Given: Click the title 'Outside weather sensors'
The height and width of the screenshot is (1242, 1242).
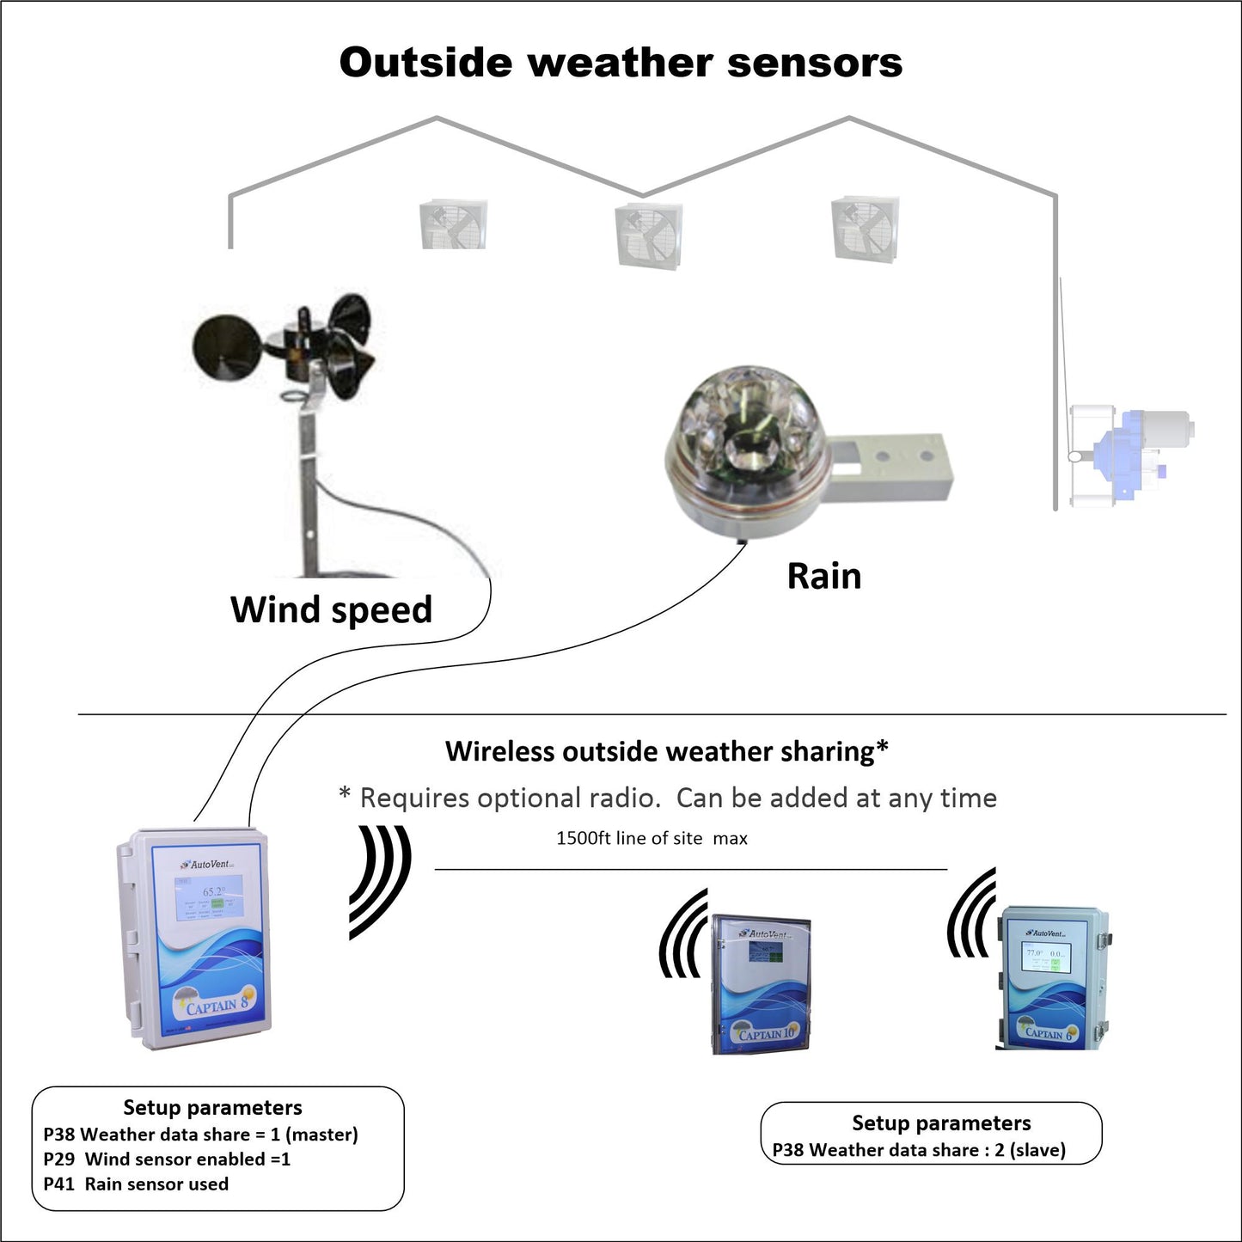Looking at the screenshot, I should point(621,63).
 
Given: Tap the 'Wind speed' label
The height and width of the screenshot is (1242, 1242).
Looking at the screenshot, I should point(331,609).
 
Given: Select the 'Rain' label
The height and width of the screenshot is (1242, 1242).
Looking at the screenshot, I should point(823,576).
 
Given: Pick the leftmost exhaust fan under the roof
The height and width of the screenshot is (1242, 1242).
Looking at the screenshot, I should point(454,225).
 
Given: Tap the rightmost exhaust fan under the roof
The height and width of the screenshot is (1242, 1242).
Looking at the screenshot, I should point(865,229).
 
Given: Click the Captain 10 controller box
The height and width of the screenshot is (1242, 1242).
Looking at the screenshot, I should point(761,983).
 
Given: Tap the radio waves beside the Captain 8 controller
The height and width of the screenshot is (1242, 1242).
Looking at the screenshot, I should point(380,881).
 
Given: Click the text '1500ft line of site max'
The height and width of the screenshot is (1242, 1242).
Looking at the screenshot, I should point(652,838).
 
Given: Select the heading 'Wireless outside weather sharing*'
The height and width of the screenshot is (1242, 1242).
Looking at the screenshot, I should point(666,751).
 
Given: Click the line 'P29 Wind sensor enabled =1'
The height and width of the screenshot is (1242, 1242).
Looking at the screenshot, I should point(167,1159).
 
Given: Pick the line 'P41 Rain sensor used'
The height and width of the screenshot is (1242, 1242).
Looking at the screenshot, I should point(136,1184).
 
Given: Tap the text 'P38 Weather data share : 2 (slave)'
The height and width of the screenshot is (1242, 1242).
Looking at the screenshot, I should point(919,1150).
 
